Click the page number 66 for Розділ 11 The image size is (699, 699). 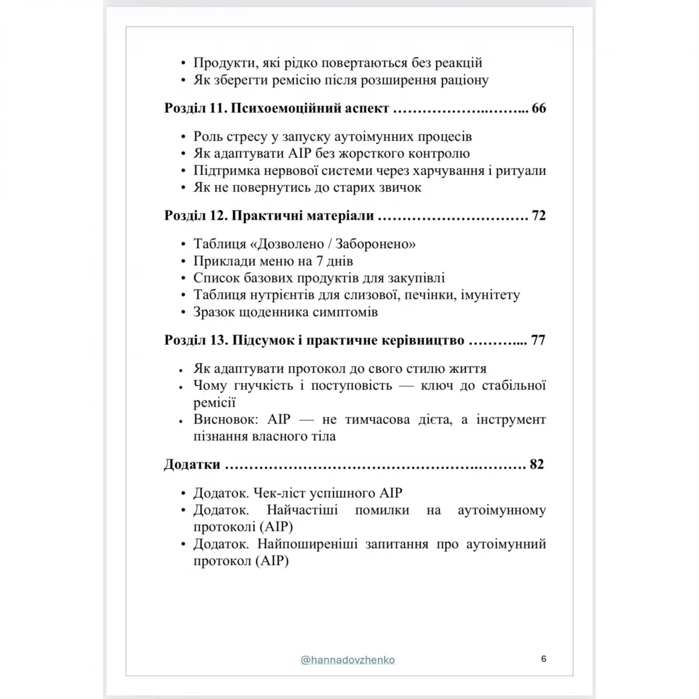click(x=539, y=108)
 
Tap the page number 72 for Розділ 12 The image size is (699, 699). click(x=539, y=216)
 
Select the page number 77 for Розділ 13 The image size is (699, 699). click(x=538, y=340)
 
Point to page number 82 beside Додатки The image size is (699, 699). click(x=536, y=464)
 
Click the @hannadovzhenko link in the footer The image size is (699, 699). click(x=348, y=660)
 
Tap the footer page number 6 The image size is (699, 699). click(x=543, y=659)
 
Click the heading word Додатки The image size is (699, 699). click(x=192, y=464)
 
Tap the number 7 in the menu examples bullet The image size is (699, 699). click(x=320, y=261)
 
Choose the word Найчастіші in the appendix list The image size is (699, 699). click(x=305, y=510)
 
